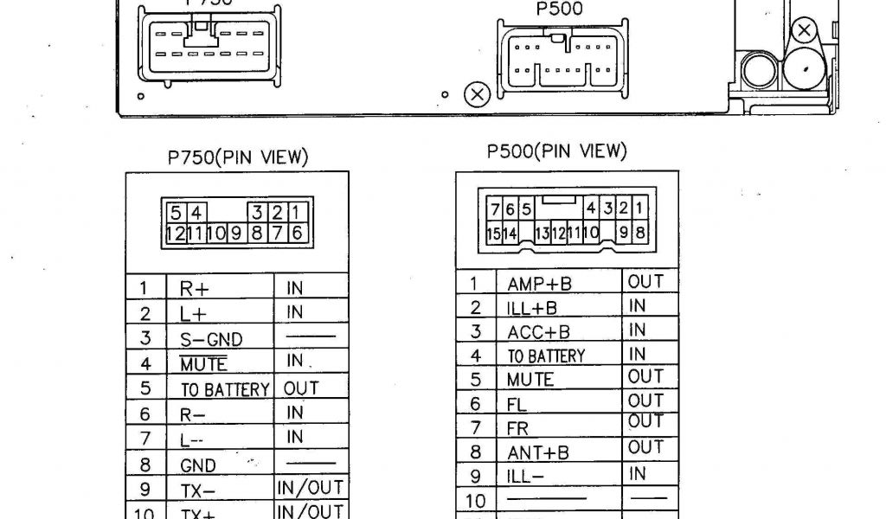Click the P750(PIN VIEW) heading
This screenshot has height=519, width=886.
click(x=237, y=157)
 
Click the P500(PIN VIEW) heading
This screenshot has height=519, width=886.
click(x=555, y=151)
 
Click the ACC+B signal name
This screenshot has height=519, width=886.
click(x=538, y=332)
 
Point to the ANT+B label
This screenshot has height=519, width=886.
click(x=537, y=452)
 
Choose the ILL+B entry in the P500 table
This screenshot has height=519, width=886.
click(x=532, y=308)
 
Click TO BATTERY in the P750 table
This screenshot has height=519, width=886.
click(x=225, y=390)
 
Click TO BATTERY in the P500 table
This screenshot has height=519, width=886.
click(x=545, y=356)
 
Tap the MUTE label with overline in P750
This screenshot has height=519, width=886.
click(x=203, y=364)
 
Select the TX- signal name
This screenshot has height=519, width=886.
click(x=198, y=490)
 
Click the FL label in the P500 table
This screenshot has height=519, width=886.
click(x=517, y=404)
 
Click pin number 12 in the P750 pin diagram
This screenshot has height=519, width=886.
click(x=175, y=232)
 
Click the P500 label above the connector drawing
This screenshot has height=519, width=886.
click(x=559, y=10)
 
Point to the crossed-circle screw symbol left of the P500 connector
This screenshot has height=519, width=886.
click(x=478, y=93)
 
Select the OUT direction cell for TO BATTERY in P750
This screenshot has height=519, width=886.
click(x=301, y=388)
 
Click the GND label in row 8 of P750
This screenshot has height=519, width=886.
click(x=198, y=465)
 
